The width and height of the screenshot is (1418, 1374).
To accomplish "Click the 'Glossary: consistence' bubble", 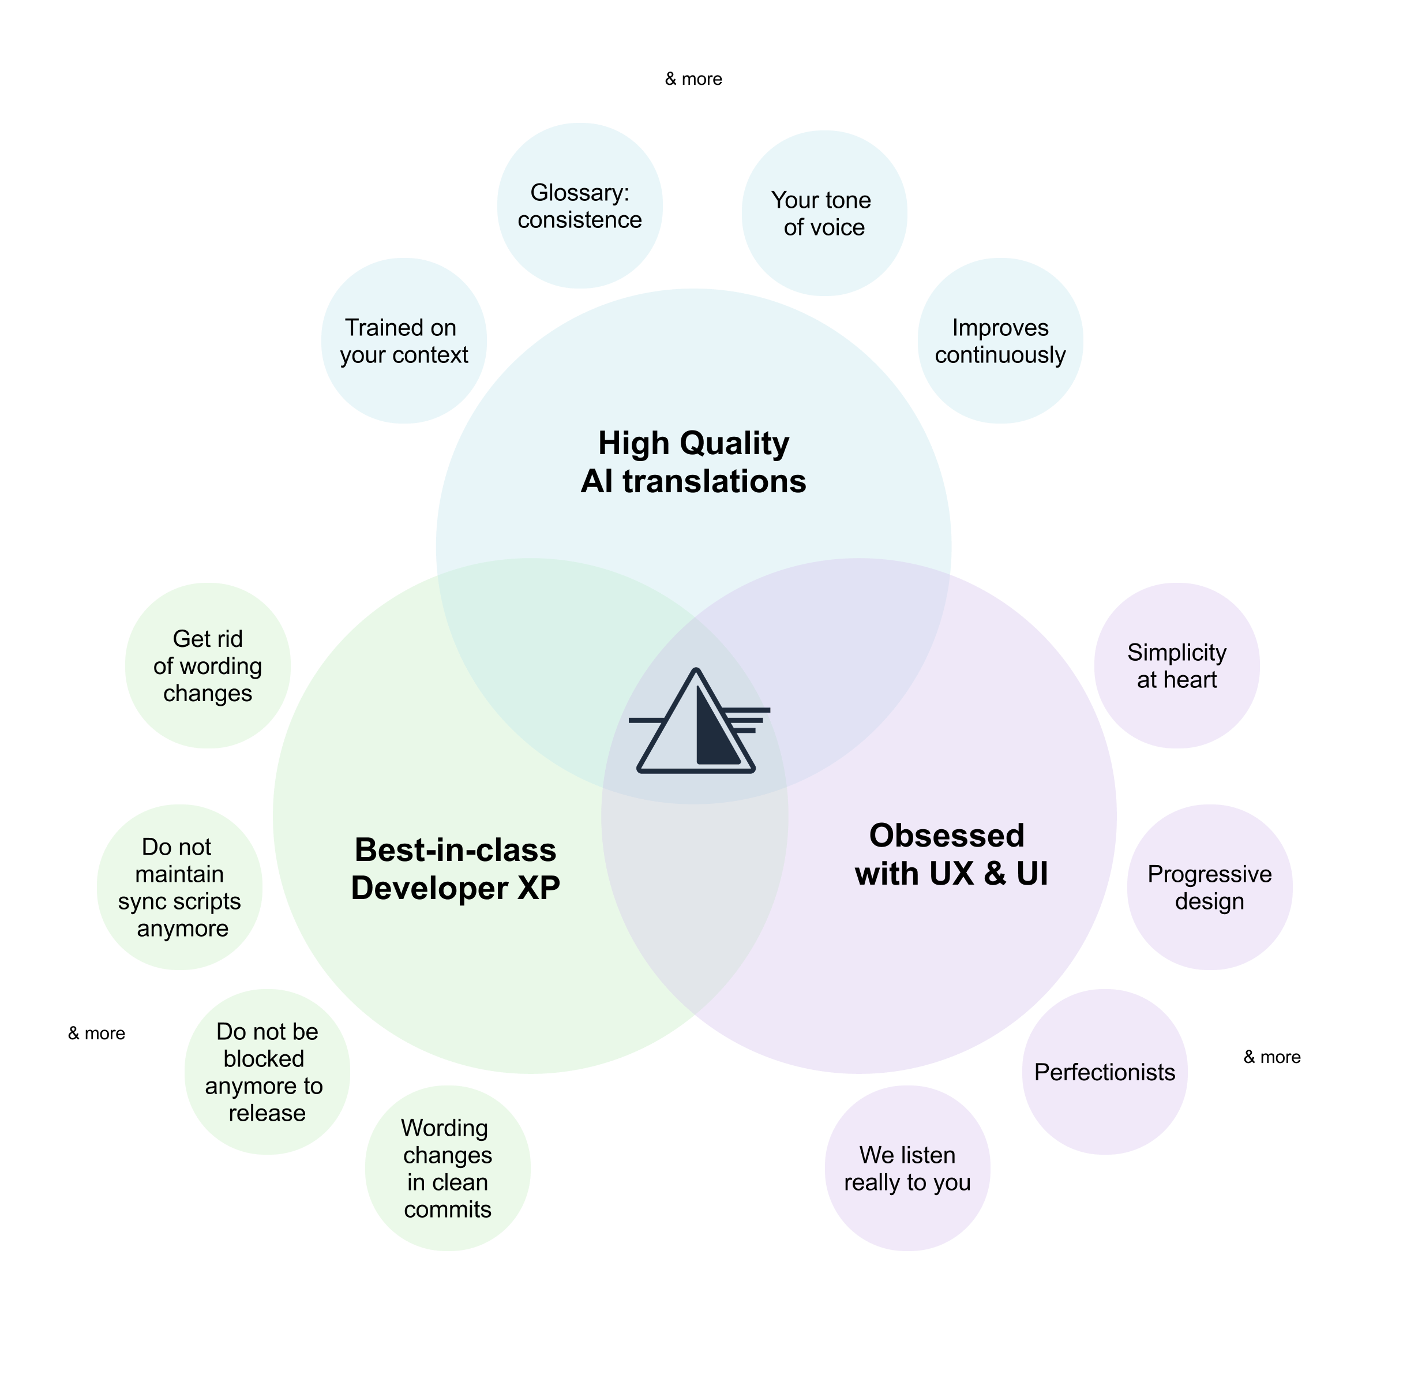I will (580, 206).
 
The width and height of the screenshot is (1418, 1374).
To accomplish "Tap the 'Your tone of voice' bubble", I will (824, 214).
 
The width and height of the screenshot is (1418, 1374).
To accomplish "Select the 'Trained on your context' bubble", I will (404, 341).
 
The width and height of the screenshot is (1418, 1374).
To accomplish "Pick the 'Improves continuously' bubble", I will (1000, 341).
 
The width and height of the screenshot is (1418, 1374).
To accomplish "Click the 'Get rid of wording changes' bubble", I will (208, 666).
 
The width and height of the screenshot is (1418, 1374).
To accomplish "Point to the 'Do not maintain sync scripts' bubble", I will (179, 887).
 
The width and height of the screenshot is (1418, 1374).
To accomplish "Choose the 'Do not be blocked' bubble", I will (267, 1072).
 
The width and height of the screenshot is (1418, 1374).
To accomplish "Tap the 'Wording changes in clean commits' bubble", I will (447, 1168).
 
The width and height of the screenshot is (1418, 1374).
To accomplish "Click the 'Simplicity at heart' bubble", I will (1176, 666).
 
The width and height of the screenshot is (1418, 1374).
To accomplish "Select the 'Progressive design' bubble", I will (1209, 887).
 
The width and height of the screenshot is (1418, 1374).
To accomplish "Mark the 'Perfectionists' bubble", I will (1105, 1072).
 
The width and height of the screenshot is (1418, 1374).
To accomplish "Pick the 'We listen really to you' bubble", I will (907, 1168).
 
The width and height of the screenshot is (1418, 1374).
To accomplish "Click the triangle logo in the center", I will (696, 724).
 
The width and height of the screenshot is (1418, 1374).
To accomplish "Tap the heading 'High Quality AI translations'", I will (693, 462).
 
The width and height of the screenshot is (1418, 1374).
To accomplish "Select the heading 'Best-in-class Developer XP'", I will (455, 868).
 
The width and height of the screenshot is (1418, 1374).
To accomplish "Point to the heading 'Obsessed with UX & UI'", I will (951, 855).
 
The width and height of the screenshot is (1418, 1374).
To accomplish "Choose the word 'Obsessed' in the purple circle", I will (946, 836).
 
